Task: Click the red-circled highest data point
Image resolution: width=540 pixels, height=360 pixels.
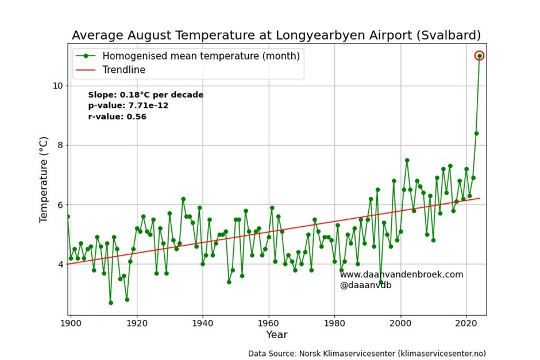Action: (479, 56)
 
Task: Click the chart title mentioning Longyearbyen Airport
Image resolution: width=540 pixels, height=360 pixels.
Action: (276, 36)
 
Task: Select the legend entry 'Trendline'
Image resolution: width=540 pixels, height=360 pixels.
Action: (124, 70)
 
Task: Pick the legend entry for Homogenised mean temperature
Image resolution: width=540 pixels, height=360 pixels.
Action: (201, 56)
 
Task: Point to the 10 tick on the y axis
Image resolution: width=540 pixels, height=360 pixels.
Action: (57, 86)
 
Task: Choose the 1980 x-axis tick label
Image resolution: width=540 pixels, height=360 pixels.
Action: (335, 323)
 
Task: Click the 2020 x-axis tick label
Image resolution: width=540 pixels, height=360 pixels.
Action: (467, 323)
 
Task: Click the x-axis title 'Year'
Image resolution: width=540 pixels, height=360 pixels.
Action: (276, 335)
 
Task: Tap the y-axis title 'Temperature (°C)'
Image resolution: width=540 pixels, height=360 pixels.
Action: (44, 180)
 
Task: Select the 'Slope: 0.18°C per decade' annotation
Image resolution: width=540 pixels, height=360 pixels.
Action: (145, 95)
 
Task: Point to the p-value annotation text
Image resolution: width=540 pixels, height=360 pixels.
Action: (128, 106)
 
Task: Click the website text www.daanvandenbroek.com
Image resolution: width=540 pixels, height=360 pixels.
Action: (401, 274)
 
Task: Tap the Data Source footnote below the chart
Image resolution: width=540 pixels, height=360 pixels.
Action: (371, 353)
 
